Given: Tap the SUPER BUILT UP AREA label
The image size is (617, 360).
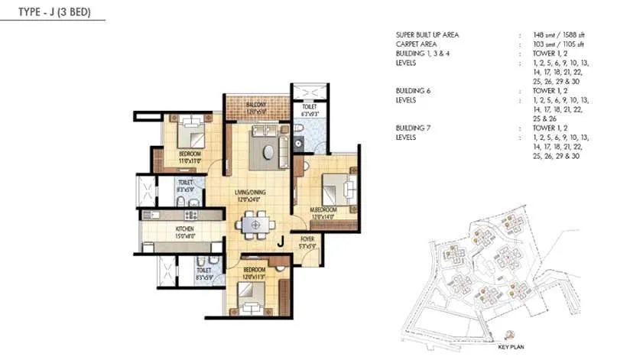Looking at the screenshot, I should coord(429,35).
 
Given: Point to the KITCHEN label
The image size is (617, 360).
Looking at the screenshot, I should coord(185,229).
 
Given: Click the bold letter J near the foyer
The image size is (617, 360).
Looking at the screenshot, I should coord(281,243).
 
